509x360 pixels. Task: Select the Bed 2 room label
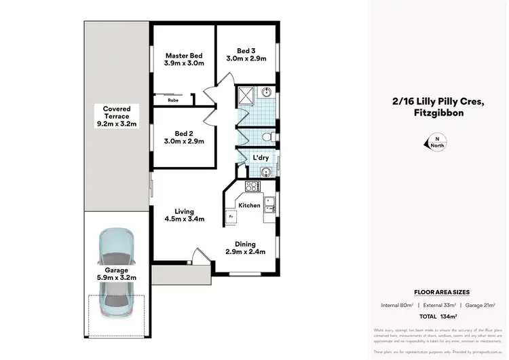tap(185, 137)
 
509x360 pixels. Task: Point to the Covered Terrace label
tap(117, 116)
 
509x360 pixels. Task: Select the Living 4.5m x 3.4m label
tap(185, 215)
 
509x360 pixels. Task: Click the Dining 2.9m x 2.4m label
tap(245, 247)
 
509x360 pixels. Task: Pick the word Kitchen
tap(248, 205)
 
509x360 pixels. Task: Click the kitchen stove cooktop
tap(252, 185)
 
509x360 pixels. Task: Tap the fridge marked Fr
tap(230, 216)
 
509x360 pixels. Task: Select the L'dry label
tap(261, 158)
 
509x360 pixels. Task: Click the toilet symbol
tap(269, 138)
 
